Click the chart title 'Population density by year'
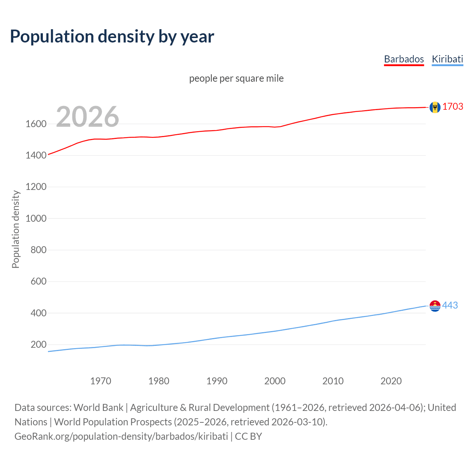[x=112, y=36]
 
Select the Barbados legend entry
[x=404, y=59]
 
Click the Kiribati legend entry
[x=447, y=59]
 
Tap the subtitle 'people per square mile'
[x=236, y=78]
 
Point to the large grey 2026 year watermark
[x=88, y=117]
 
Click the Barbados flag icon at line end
[x=435, y=107]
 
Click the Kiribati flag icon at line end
[x=435, y=306]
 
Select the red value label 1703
[x=453, y=106]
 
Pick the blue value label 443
[x=450, y=305]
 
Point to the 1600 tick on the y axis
[x=36, y=124]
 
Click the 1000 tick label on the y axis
[x=36, y=218]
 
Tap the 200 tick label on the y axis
[x=38, y=344]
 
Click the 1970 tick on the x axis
[x=101, y=381]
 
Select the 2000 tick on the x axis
[x=275, y=381]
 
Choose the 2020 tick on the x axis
[x=391, y=381]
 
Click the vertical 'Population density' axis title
[x=16, y=229]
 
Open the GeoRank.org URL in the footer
[x=121, y=436]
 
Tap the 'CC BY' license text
[x=248, y=436]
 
